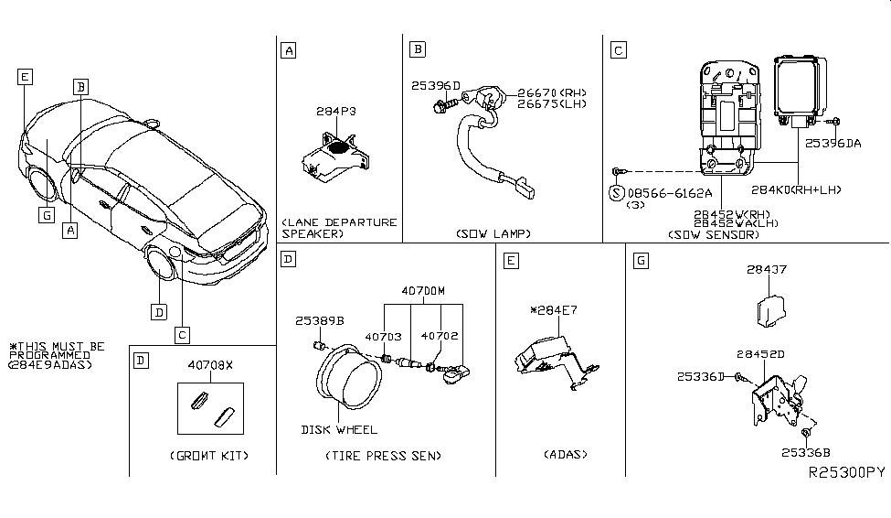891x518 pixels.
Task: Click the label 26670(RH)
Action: [551, 92]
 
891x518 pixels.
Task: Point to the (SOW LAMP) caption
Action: [493, 234]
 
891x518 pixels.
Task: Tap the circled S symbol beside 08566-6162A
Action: [617, 193]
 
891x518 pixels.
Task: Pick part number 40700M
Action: [421, 292]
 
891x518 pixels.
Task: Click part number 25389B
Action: [319, 321]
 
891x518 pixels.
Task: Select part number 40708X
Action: [210, 364]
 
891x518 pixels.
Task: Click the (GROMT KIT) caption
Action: [209, 455]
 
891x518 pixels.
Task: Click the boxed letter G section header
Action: [642, 261]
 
